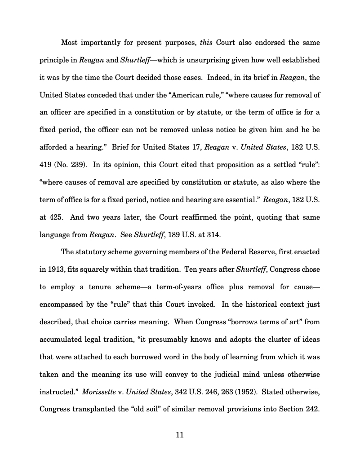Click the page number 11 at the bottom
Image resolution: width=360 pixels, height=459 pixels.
(180, 435)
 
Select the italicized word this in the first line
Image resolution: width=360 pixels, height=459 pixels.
(205, 43)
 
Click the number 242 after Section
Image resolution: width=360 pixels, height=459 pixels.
(312, 409)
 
